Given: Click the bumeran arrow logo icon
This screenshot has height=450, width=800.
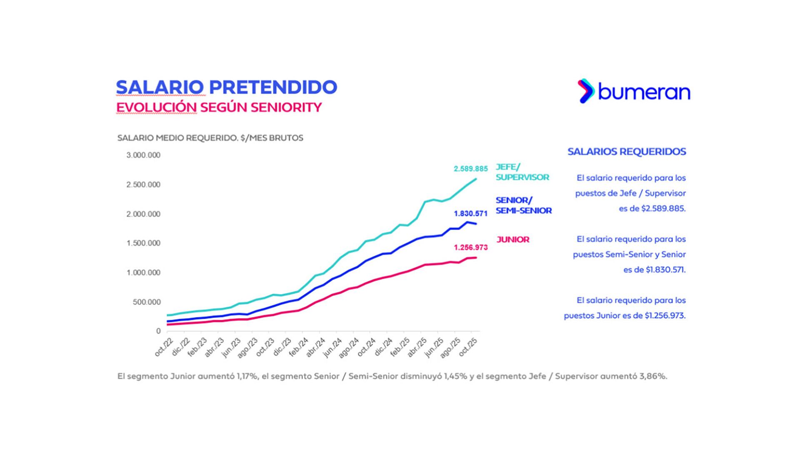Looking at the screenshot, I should [x=586, y=91].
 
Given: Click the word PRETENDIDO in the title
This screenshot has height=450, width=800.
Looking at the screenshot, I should [x=273, y=87].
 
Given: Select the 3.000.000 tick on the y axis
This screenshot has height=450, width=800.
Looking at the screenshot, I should [x=143, y=155].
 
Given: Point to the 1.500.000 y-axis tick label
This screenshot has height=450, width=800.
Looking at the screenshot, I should [x=143, y=243].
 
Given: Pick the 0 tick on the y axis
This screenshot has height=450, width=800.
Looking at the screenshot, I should [x=158, y=331].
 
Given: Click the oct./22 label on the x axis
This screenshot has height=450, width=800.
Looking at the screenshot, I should [x=163, y=347].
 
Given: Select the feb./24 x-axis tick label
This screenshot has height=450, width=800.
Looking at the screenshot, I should [x=299, y=347].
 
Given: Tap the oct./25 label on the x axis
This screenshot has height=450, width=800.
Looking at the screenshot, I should [x=468, y=347].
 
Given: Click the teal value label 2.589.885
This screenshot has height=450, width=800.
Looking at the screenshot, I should [x=470, y=169].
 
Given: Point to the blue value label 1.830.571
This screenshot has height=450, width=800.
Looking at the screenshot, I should [x=470, y=214].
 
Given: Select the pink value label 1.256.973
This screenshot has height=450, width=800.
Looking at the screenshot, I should [x=470, y=247].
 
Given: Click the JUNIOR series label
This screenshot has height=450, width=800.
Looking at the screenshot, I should [x=513, y=240].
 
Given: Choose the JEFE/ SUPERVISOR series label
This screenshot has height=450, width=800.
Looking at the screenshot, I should [x=522, y=172].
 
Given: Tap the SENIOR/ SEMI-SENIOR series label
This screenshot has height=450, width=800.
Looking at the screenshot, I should [x=523, y=205].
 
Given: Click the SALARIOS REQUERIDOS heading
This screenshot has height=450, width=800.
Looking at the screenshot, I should [x=627, y=152].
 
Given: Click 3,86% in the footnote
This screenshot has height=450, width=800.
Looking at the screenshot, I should [x=652, y=376].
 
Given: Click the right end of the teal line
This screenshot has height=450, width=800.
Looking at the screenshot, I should [x=476, y=179].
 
